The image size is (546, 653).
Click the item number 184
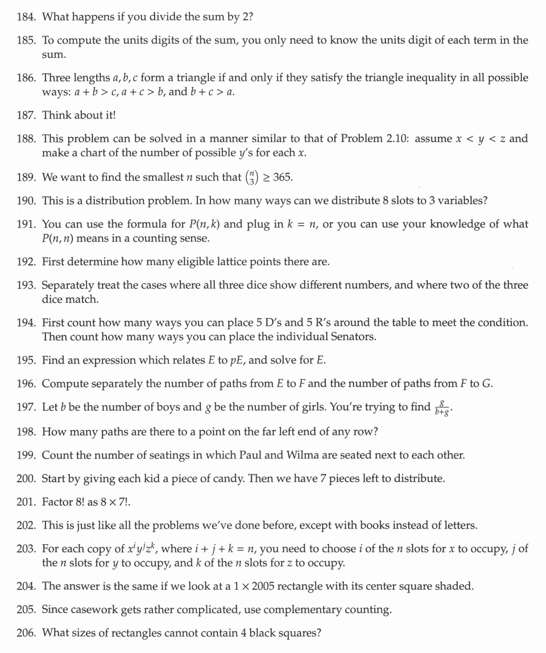coord(27,16)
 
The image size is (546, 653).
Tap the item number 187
coord(27,115)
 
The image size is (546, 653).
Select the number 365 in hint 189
coord(283,177)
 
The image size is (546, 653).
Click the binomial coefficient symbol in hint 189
coord(251,177)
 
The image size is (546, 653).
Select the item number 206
coord(27,633)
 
